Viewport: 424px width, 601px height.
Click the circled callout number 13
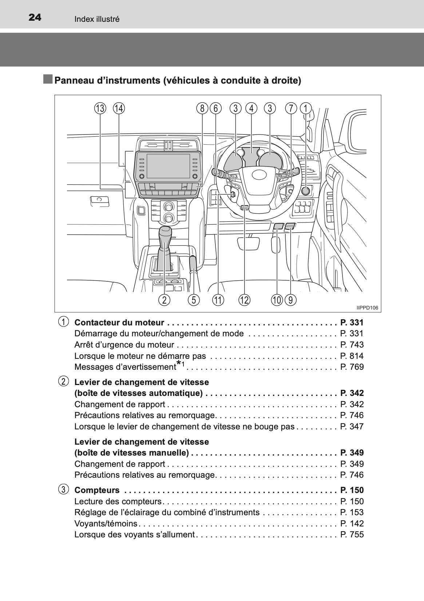pyautogui.click(x=100, y=108)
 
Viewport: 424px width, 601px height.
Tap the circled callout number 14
pyautogui.click(x=119, y=108)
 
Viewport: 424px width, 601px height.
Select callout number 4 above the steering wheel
pyautogui.click(x=251, y=108)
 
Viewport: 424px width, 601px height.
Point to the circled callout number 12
pyautogui.click(x=244, y=300)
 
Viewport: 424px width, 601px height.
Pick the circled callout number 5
pyautogui.click(x=194, y=300)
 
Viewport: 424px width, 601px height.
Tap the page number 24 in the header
pyautogui.click(x=35, y=17)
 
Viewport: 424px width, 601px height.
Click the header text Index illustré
pyautogui.click(x=97, y=19)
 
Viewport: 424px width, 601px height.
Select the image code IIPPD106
pyautogui.click(x=367, y=308)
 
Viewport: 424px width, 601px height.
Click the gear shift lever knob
pyautogui.click(x=166, y=233)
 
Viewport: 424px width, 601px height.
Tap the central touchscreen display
pyautogui.click(x=168, y=166)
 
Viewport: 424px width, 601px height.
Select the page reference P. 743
pyautogui.click(x=352, y=345)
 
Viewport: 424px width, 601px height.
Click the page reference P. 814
pyautogui.click(x=352, y=356)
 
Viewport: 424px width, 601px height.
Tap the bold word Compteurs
pyautogui.click(x=97, y=490)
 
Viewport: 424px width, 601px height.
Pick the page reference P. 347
pyautogui.click(x=352, y=426)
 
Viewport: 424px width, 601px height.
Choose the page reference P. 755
pyautogui.click(x=352, y=534)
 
